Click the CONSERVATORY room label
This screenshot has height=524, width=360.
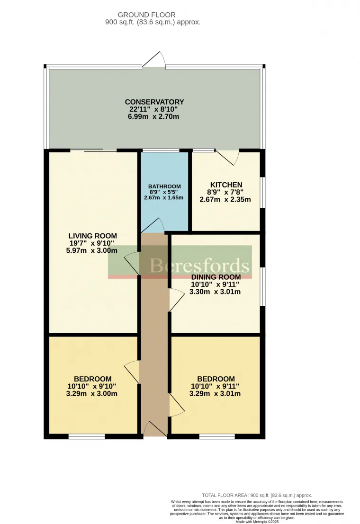pyautogui.click(x=154, y=102)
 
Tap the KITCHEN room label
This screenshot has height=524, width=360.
pyautogui.click(x=226, y=185)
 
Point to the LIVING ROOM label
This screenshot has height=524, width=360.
pyautogui.click(x=92, y=236)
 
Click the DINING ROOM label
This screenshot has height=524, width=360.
pyautogui.click(x=216, y=277)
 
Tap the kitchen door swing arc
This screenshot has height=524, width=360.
pyautogui.click(x=228, y=158)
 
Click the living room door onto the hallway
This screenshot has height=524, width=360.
pyautogui.click(x=133, y=263)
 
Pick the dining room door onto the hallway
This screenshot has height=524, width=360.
pyautogui.click(x=176, y=299)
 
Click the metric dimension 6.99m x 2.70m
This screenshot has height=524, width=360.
pyautogui.click(x=154, y=117)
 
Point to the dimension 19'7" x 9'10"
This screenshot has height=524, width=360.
pyautogui.click(x=92, y=243)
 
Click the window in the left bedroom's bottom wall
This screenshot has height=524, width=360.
pyautogui.click(x=87, y=436)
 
